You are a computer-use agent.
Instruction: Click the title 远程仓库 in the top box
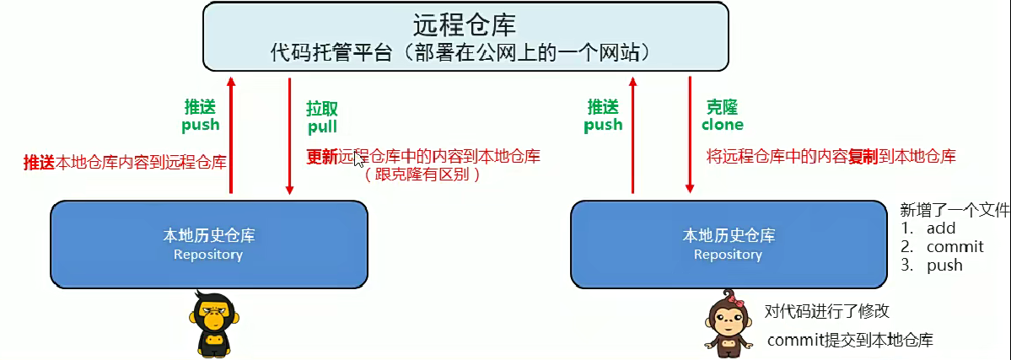pyautogui.click(x=465, y=23)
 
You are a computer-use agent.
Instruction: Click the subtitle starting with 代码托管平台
pyautogui.click(x=465, y=51)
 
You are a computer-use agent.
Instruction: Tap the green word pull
pyautogui.click(x=322, y=126)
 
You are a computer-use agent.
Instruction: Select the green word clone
pyautogui.click(x=723, y=124)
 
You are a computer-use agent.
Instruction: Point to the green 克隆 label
pyautogui.click(x=722, y=107)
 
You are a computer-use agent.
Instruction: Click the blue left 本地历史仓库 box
pyautogui.click(x=208, y=243)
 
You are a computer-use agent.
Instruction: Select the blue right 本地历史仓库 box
pyautogui.click(x=729, y=243)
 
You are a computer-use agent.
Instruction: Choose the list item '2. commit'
pyautogui.click(x=942, y=246)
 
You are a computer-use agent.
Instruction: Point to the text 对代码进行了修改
pyautogui.click(x=826, y=311)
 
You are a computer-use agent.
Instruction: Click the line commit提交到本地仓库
pyautogui.click(x=850, y=340)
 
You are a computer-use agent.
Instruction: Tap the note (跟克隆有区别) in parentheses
pyautogui.click(x=422, y=175)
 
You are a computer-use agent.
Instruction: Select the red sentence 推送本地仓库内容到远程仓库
pyautogui.click(x=125, y=162)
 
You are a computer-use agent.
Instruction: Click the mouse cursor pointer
pyautogui.click(x=359, y=160)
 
